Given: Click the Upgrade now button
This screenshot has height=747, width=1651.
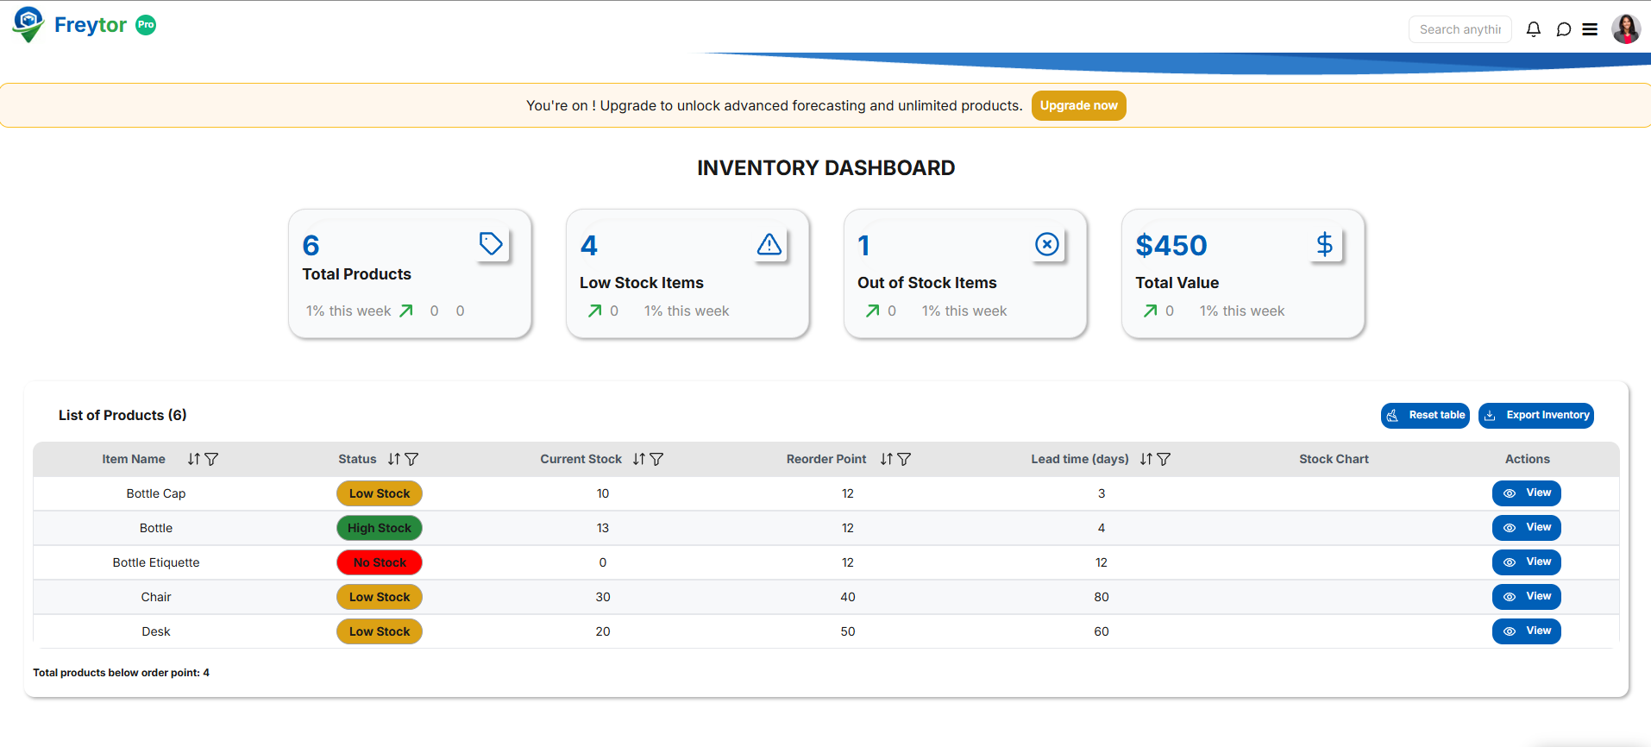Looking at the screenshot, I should point(1078,105).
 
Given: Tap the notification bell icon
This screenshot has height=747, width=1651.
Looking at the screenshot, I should point(1533,29).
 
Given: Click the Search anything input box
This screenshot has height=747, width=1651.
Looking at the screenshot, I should point(1460,29).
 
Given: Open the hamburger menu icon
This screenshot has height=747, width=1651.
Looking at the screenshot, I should point(1590,29).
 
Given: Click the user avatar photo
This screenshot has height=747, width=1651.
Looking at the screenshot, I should point(1625,29).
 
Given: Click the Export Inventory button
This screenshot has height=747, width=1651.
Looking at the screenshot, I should point(1535,415).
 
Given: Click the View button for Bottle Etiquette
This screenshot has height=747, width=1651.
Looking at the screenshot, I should point(1526,562).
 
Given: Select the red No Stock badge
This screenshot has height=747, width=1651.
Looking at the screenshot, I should point(380,562).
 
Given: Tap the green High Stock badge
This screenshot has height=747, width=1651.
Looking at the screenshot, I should point(380,528).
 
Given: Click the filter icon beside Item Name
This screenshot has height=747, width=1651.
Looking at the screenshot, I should point(211,459).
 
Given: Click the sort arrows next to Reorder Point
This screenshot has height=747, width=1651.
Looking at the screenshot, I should point(886,459).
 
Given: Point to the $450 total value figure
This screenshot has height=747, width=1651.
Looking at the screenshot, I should point(1171,246).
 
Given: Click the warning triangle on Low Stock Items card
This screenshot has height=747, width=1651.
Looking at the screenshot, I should point(769,245).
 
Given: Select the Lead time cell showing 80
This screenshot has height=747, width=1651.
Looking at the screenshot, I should point(1101,597).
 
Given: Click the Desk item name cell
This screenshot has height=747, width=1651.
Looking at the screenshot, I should point(156,631).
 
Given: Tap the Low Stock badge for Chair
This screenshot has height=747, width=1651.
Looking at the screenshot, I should point(380,597).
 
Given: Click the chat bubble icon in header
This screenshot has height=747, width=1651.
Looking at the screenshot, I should point(1563,29).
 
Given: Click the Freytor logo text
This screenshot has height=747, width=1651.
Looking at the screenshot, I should point(90,25).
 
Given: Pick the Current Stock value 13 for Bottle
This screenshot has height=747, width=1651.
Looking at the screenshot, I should point(602,528).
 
